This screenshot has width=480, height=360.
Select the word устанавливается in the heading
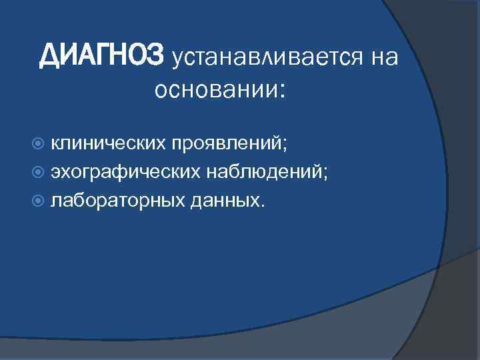click(263, 58)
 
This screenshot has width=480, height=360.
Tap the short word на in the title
click(383, 58)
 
